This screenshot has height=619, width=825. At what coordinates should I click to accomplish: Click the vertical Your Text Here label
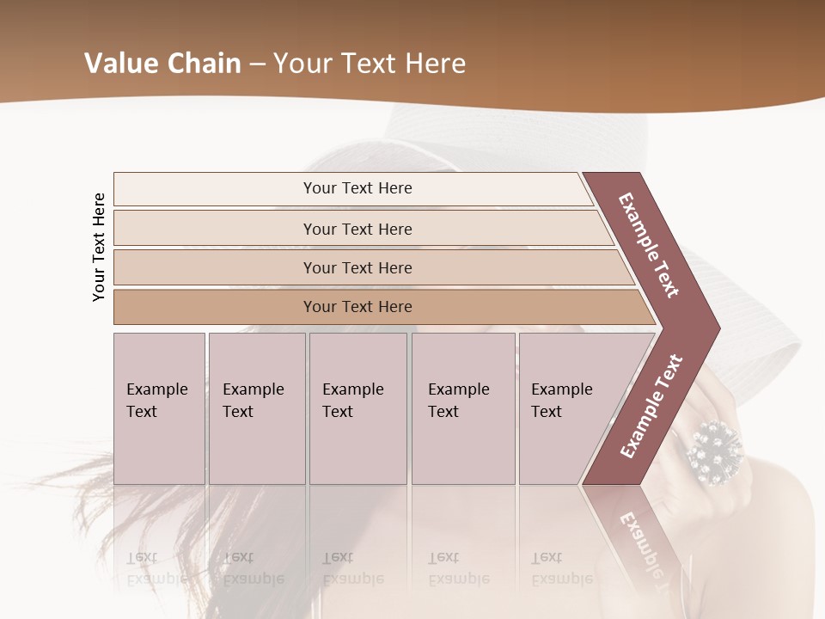pos(99,247)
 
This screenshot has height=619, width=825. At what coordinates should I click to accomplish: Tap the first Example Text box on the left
pos(159,408)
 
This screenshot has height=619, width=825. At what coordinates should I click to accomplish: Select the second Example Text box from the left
pos(256,408)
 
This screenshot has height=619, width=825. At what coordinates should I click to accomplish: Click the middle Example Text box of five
pos(357,408)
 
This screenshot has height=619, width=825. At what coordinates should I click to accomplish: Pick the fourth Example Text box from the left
pos(463,408)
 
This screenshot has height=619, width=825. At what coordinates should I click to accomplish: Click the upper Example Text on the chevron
pos(649,245)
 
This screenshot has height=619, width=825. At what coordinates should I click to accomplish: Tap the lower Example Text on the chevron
pos(651,406)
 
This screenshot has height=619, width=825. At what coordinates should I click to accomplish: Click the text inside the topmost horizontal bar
pos(357,188)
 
